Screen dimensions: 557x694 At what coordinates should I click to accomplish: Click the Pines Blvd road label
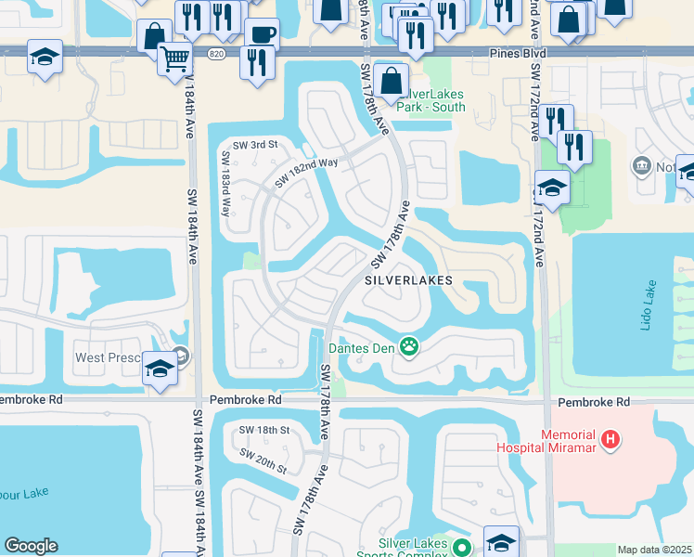pyautogui.click(x=517, y=56)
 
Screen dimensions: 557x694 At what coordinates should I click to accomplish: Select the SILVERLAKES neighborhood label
pyautogui.click(x=407, y=279)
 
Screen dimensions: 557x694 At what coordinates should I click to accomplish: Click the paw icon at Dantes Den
pyautogui.click(x=409, y=348)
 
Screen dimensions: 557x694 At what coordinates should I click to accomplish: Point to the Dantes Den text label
pyautogui.click(x=362, y=349)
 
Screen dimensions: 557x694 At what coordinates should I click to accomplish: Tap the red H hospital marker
pyautogui.click(x=610, y=439)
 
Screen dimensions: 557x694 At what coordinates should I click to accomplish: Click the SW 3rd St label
pyautogui.click(x=254, y=145)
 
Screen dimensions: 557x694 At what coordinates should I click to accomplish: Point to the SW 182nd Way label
pyautogui.click(x=306, y=174)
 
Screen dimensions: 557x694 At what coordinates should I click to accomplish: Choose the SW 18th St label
pyautogui.click(x=264, y=431)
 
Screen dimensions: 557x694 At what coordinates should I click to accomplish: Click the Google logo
pyautogui.click(x=31, y=546)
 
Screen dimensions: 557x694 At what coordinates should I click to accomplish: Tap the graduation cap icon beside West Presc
pyautogui.click(x=160, y=369)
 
